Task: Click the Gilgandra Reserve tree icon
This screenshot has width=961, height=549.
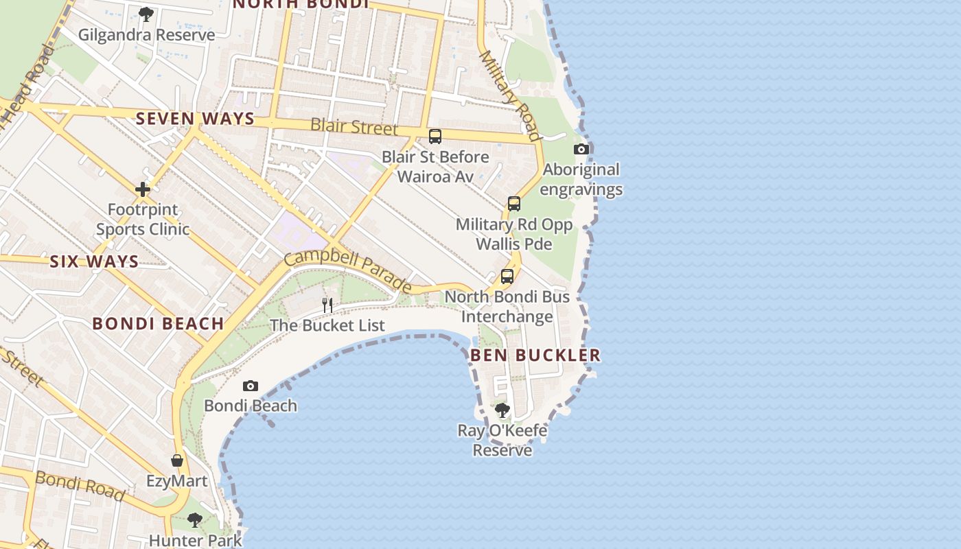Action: coord(146,14)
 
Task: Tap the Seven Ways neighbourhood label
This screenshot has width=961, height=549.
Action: coord(195,119)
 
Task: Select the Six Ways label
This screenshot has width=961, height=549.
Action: coord(94,261)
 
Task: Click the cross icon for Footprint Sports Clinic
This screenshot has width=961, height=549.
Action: coord(143,189)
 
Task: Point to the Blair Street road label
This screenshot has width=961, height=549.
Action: coord(354,126)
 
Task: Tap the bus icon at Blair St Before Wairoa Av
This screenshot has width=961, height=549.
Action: coord(435,137)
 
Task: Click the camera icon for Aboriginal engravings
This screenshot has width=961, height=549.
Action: coord(581,149)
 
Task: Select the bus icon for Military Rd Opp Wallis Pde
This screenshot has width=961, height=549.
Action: coord(514,204)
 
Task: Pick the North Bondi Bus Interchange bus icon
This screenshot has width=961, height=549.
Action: coord(507,277)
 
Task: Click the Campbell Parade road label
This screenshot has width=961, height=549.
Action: coord(347,271)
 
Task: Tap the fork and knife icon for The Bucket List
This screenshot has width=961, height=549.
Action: coord(327,305)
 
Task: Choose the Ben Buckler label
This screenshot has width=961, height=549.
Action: coord(535,355)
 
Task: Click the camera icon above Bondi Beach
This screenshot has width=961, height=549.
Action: coord(251,386)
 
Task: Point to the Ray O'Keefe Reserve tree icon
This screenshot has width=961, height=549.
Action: coord(502,410)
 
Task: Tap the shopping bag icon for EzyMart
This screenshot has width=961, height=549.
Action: coord(177,460)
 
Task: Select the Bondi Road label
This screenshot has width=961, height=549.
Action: coord(80,486)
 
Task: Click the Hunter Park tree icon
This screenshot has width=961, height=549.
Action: coord(195,520)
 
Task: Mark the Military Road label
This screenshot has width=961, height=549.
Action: coord(510,85)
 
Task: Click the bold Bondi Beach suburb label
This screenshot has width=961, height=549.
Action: coord(158,324)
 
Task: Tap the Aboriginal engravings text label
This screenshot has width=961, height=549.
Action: coord(582,179)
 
